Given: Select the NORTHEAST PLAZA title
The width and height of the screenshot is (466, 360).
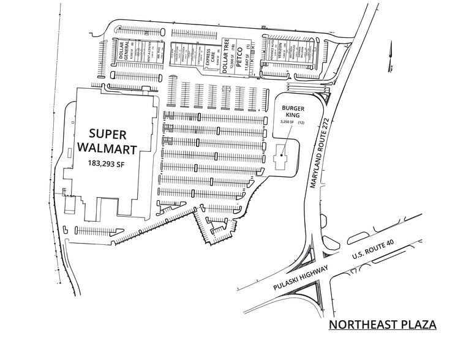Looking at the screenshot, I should coord(382,324).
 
